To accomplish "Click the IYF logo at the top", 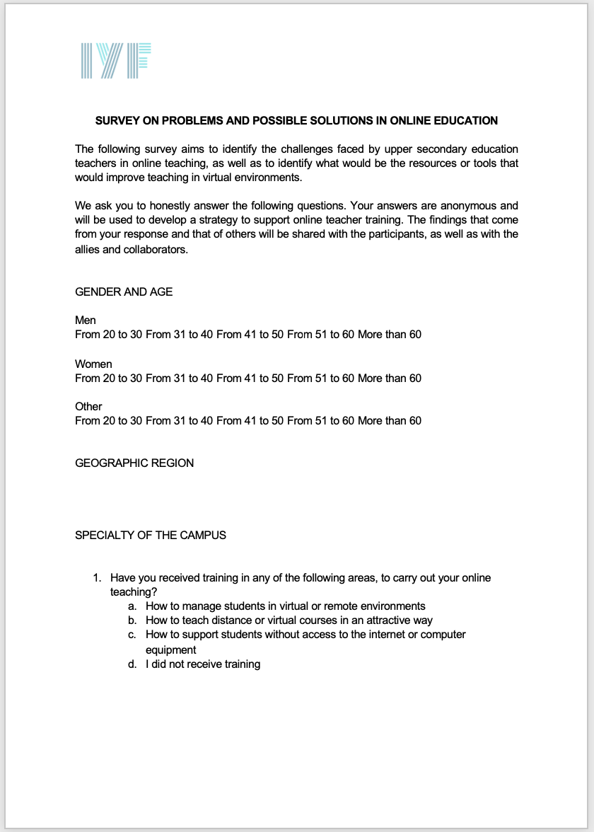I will (117, 61).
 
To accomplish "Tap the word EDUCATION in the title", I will (465, 120).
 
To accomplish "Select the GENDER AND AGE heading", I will (124, 291).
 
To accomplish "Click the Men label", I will (86, 320).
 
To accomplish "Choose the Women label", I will (93, 364).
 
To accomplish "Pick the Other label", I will (88, 406).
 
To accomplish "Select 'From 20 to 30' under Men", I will (109, 335).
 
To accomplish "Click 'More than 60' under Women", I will (389, 378).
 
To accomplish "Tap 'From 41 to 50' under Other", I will (250, 420).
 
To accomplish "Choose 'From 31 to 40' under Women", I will (180, 378).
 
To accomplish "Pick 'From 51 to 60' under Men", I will (321, 335).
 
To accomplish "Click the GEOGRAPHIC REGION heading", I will (134, 463).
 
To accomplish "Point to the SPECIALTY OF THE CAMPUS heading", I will (151, 535).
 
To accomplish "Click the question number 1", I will (97, 577).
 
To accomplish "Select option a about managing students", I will (285, 606).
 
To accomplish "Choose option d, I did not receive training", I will (203, 664).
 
